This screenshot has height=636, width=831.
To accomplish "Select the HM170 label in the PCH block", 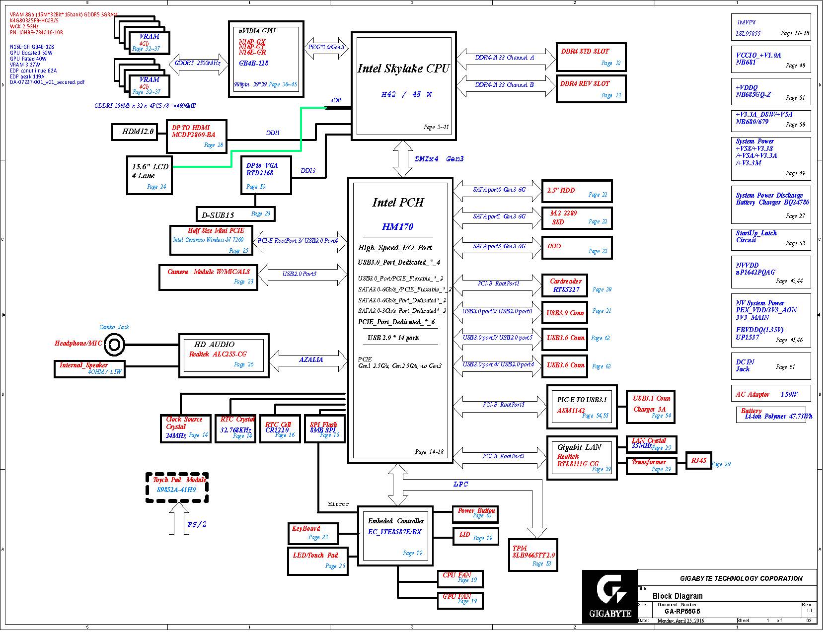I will click(x=401, y=229).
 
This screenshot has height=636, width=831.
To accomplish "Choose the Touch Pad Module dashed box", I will click(x=178, y=493).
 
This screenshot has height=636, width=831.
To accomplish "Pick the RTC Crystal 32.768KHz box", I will click(x=238, y=432).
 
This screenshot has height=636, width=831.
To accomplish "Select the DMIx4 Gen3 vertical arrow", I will click(x=407, y=160).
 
